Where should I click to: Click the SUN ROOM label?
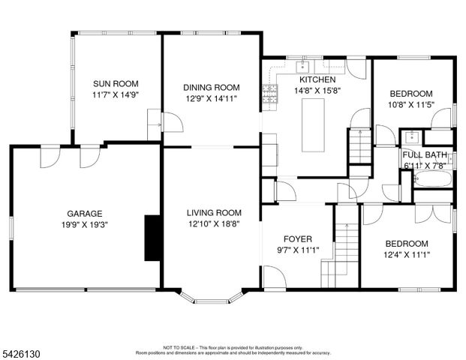tap(115, 84)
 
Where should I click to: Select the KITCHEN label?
tap(317, 79)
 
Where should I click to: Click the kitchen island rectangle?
tap(314, 124)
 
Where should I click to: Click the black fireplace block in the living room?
tap(152, 237)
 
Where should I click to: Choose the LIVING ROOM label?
tap(214, 212)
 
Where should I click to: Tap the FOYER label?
tap(297, 239)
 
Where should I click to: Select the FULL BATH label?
tap(424, 154)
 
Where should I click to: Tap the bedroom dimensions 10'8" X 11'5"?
tap(410, 105)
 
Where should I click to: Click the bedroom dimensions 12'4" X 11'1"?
tap(407, 254)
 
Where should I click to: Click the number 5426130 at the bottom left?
tap(24, 352)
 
